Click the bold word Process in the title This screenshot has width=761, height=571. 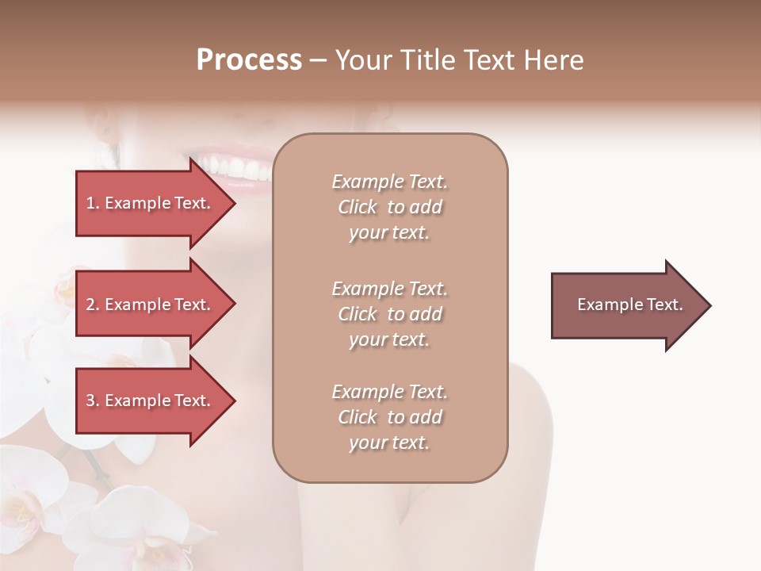tap(249, 60)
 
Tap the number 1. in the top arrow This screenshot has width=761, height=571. tap(93, 203)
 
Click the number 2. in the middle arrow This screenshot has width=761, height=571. tap(93, 305)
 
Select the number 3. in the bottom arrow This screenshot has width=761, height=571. tap(93, 400)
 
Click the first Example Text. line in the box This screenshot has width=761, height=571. tap(390, 182)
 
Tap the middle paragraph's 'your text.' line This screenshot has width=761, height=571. tap(388, 339)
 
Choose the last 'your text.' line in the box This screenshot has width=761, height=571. tap(388, 443)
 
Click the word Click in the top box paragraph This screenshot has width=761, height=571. tap(358, 207)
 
